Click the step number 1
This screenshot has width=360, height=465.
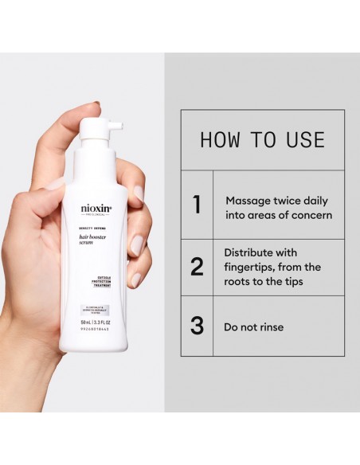coord(197,205)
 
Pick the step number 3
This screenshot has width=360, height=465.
coord(197,326)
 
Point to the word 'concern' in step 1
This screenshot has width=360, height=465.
coord(312,215)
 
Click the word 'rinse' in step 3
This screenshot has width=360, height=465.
coord(286,326)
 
